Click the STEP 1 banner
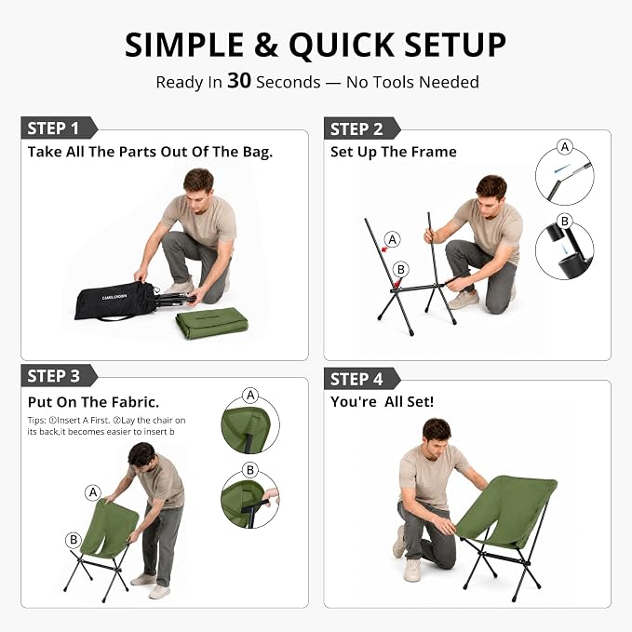point(59,128)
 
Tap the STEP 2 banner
point(362,128)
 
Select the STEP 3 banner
point(59,376)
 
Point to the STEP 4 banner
point(362,379)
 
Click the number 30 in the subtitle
point(239,81)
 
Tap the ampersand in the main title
point(266,45)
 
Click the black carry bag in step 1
point(114,301)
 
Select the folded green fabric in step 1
point(212,323)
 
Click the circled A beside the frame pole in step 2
point(392,239)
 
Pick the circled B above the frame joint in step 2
point(400,269)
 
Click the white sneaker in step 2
point(463,300)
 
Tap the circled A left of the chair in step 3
point(93,492)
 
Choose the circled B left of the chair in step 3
point(74,540)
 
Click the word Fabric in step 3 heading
point(135,402)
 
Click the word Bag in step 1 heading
point(257,153)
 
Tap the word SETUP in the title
point(455,45)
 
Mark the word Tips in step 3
point(36,421)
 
